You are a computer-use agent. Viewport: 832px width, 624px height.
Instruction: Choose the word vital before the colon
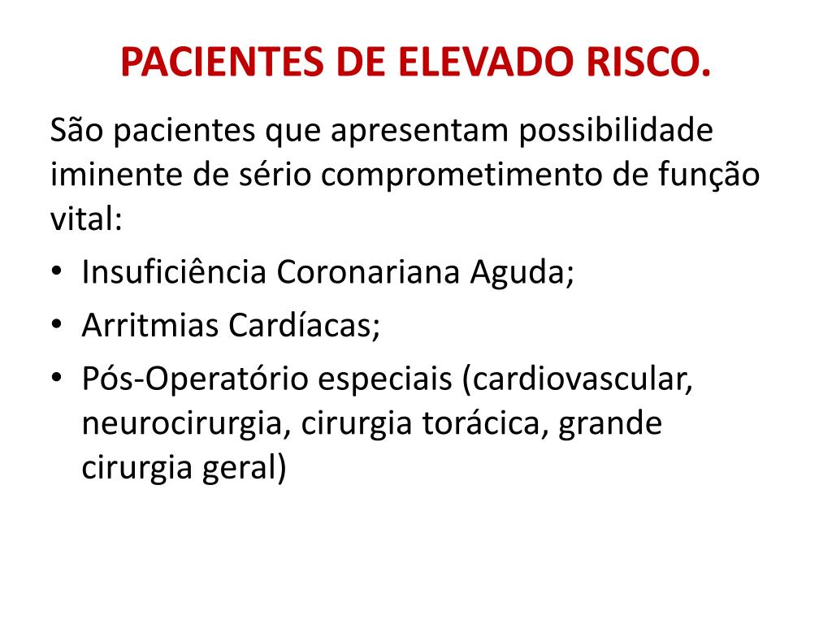[81, 219]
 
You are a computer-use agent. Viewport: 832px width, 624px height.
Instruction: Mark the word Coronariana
[370, 272]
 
